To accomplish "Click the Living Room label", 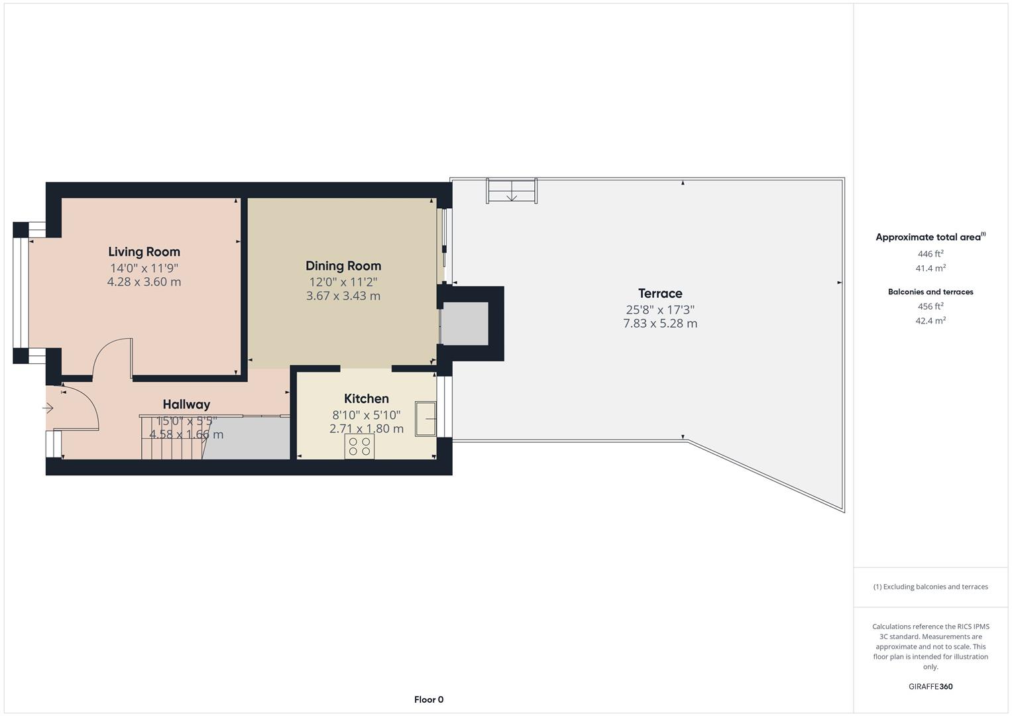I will click(144, 252).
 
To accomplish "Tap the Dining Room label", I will click(343, 266).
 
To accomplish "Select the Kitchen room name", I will click(366, 398).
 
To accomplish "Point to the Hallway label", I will click(186, 404).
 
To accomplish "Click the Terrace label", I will click(660, 294).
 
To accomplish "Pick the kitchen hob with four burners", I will click(359, 447).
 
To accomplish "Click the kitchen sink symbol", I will click(425, 418).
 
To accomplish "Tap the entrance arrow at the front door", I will click(48, 408).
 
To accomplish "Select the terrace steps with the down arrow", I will click(512, 191).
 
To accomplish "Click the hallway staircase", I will click(171, 438).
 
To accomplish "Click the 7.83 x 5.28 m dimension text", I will click(660, 324).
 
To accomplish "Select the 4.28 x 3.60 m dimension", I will click(144, 282).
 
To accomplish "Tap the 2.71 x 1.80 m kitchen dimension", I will click(366, 429).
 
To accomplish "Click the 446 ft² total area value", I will click(930, 254).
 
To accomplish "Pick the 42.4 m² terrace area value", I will click(930, 321).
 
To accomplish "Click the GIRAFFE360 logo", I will click(930, 687).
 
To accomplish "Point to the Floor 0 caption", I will click(429, 699).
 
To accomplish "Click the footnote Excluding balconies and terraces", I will click(930, 587).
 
